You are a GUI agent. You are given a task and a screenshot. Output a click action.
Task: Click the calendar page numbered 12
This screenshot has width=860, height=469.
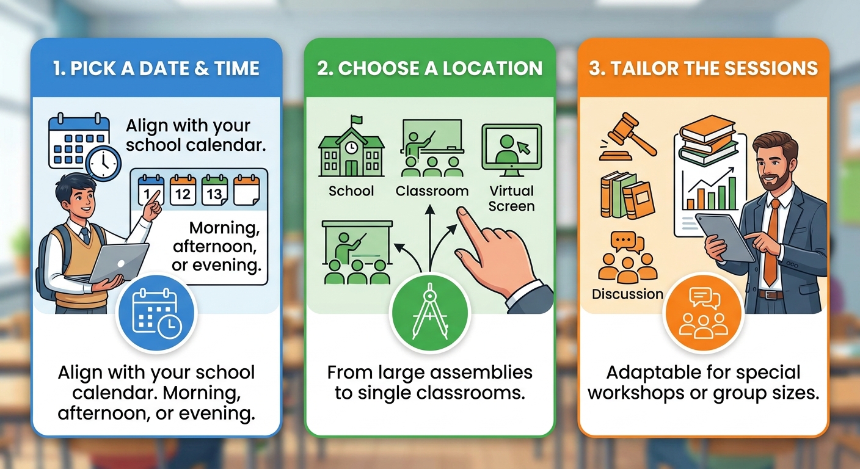(x=183, y=190)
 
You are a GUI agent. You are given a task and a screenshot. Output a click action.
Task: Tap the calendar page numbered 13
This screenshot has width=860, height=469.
(x=214, y=190)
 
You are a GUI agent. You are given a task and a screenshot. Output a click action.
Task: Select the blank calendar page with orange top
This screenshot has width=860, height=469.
(x=247, y=190)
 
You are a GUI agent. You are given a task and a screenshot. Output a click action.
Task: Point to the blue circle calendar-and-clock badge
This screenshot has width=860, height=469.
(x=156, y=313)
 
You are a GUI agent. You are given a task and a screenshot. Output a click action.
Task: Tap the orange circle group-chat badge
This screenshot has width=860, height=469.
(x=704, y=313)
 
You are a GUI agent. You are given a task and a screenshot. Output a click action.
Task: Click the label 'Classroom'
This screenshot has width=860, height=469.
(x=432, y=191)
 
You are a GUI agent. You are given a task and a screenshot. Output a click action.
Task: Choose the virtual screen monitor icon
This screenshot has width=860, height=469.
(x=512, y=150)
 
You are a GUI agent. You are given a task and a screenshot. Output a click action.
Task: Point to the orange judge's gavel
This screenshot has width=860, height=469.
(x=628, y=136)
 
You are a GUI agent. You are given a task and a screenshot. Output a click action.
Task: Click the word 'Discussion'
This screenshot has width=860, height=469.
(x=627, y=294)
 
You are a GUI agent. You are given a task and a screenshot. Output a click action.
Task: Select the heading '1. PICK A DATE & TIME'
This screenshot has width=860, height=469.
(x=156, y=68)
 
